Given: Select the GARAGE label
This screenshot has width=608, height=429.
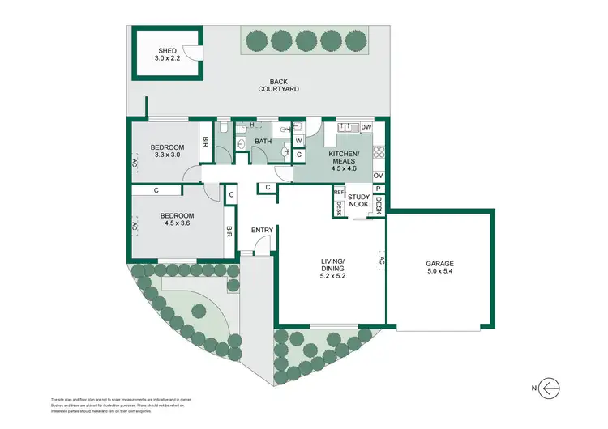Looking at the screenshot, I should [439, 264].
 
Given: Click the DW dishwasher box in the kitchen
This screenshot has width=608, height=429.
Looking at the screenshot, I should [366, 128].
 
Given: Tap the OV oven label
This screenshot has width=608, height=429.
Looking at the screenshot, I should [378, 176].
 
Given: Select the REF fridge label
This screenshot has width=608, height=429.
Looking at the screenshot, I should [339, 193].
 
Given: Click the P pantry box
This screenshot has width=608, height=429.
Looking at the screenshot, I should [378, 188].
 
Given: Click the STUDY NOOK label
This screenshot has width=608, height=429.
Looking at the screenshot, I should [358, 200].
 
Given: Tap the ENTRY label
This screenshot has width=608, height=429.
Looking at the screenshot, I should [263, 231].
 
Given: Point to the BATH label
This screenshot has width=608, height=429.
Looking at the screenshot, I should [263, 142].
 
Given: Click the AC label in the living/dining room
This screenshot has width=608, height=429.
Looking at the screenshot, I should [380, 261].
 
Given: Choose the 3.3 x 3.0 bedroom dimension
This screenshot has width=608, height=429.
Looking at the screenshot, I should [168, 156].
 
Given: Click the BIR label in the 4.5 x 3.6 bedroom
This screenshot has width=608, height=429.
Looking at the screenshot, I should [230, 231].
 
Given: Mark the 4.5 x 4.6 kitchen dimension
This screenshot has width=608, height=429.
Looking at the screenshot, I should [344, 168].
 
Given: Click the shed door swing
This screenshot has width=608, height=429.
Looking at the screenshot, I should [191, 53].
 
